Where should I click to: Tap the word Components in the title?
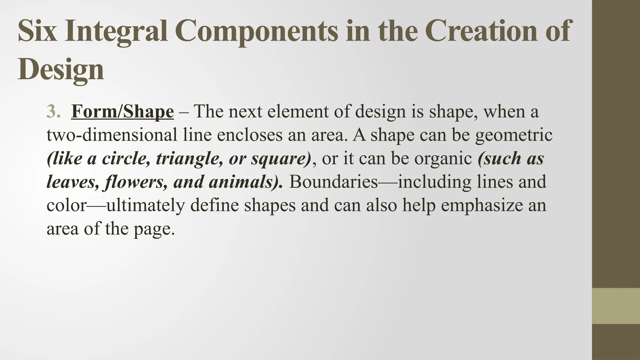pyautogui.click(x=256, y=31)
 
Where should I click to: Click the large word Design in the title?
pyautogui.click(x=61, y=69)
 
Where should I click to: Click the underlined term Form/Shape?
pyautogui.click(x=122, y=112)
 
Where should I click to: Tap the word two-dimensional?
pyautogui.click(x=112, y=135)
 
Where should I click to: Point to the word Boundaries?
pyautogui.click(x=333, y=182)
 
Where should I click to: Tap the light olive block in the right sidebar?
pyautogui.click(x=616, y=306)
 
